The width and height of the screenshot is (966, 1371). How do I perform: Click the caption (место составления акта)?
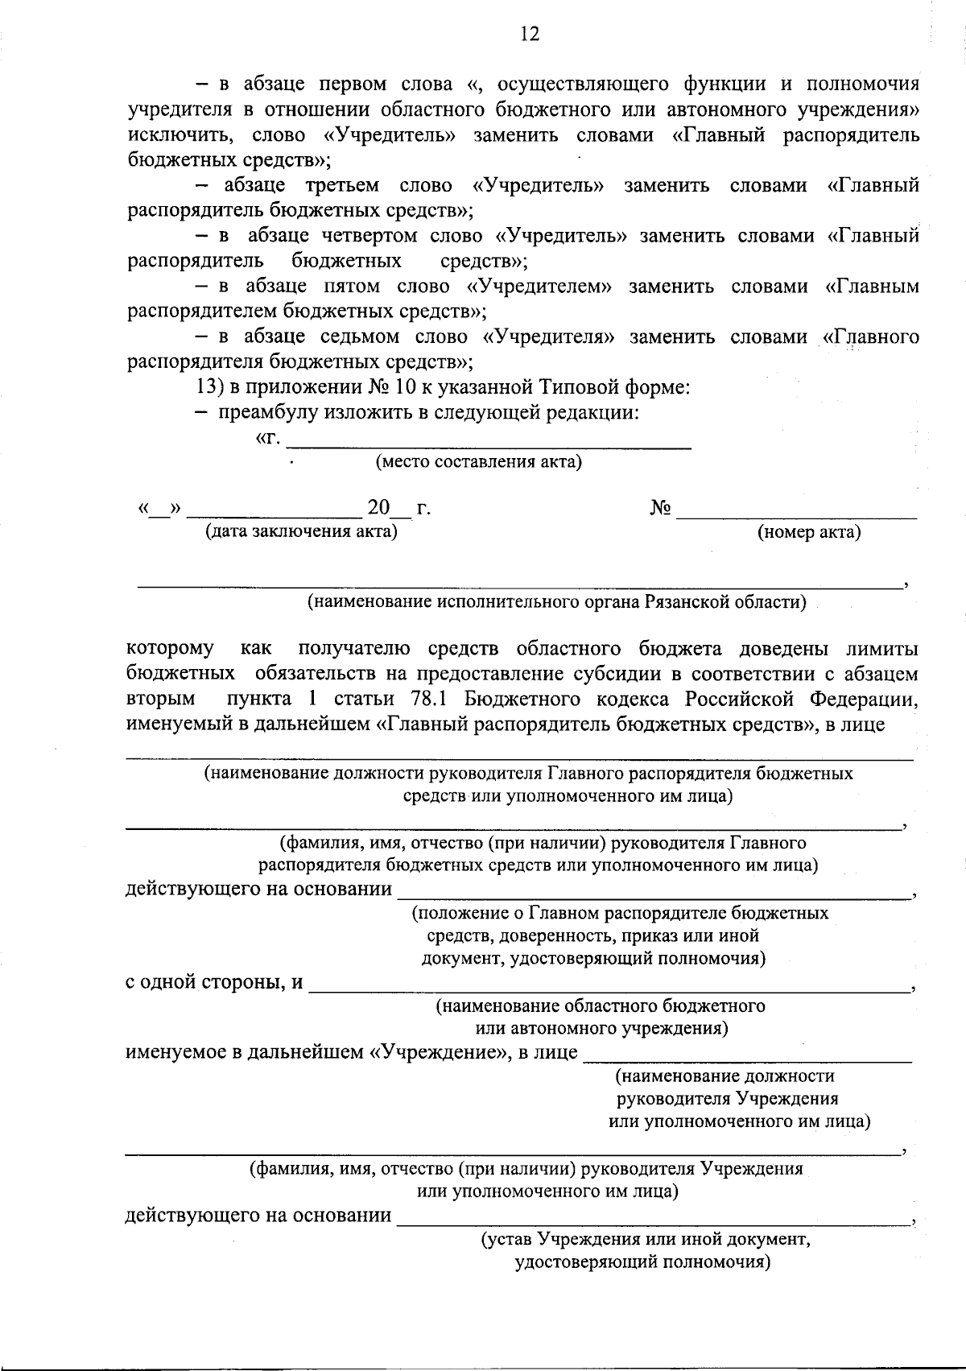[478, 462]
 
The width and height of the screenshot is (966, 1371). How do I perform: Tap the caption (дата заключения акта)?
[301, 531]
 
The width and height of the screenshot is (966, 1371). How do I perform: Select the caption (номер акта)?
[809, 532]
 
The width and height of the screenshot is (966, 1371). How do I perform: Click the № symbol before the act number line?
[660, 509]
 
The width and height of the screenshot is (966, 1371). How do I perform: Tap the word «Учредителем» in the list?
[538, 287]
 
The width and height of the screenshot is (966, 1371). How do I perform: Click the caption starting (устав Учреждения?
[645, 1240]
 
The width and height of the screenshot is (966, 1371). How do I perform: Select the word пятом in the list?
[351, 287]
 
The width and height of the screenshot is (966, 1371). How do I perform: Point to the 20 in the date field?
[378, 509]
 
